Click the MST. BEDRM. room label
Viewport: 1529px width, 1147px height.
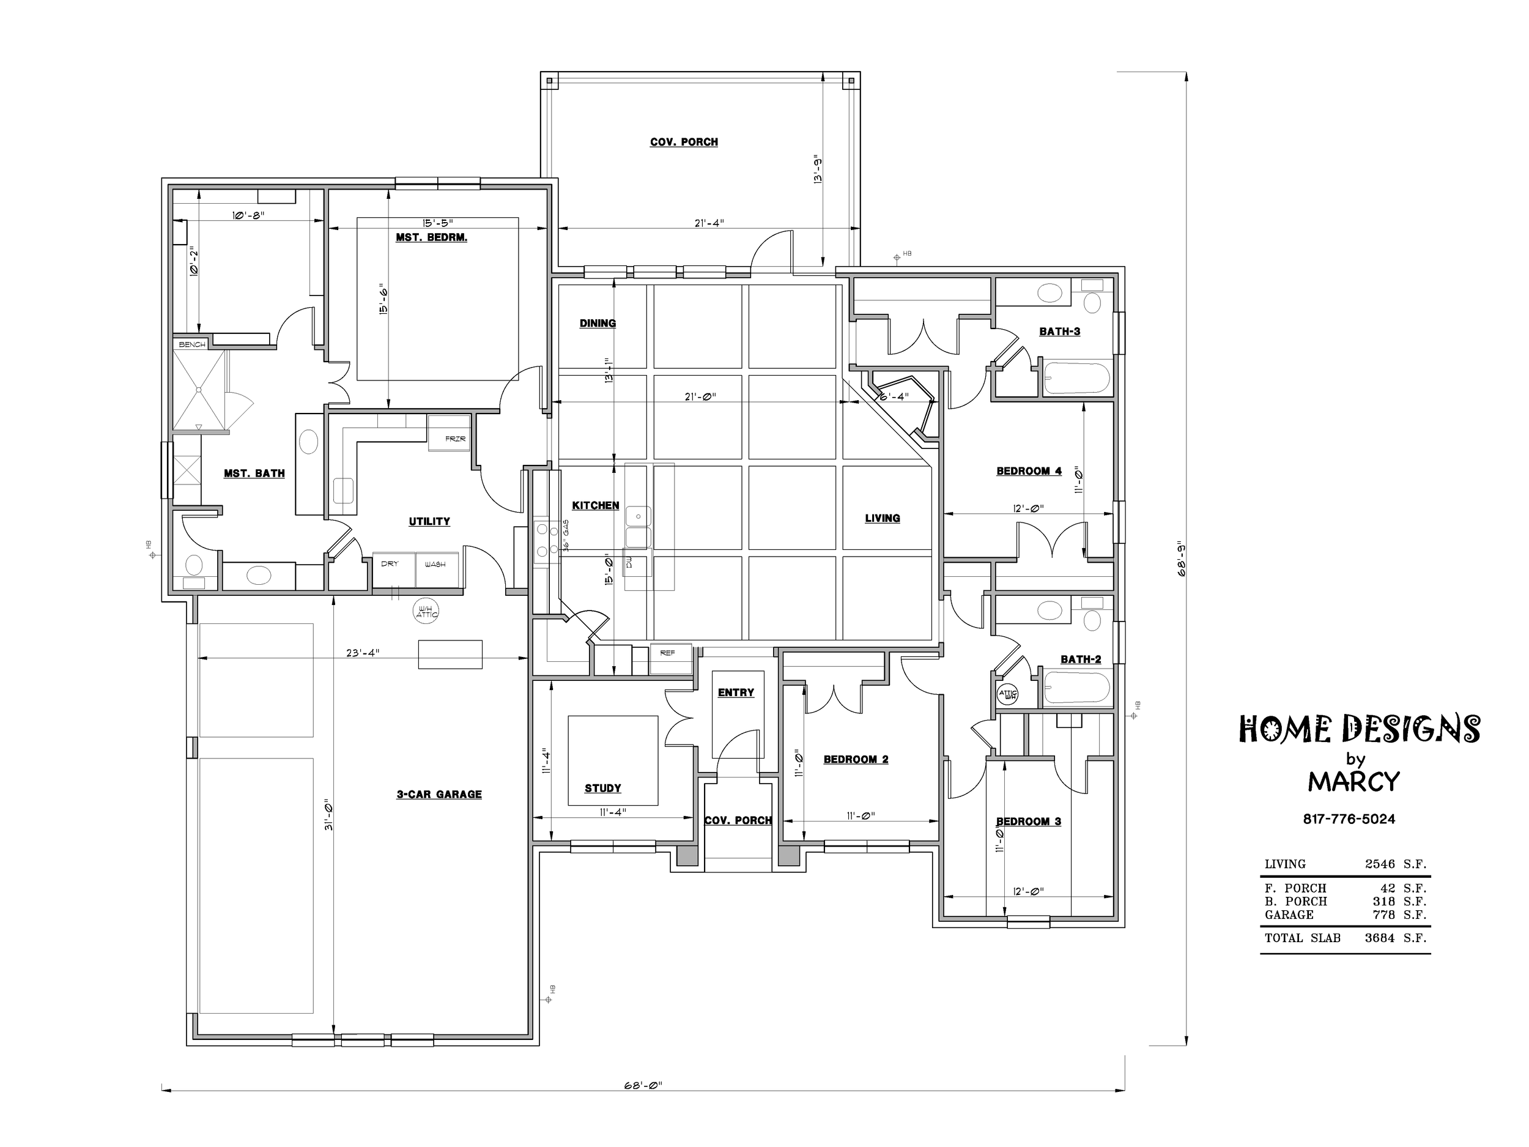coord(431,237)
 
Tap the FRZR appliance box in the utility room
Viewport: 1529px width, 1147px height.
coord(448,433)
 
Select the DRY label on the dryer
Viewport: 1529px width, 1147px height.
coord(390,563)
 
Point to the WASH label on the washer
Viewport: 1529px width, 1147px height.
coord(435,564)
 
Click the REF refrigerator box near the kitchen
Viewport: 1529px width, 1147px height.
coord(670,659)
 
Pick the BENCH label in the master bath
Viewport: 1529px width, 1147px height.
coord(192,344)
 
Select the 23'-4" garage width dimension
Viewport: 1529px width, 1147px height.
coord(363,652)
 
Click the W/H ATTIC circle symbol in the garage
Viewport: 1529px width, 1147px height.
coord(426,612)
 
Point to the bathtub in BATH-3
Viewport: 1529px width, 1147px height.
coord(1076,378)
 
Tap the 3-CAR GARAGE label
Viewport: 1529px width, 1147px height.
coord(439,795)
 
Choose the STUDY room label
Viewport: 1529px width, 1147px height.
coord(603,788)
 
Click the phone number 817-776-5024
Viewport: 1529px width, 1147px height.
coord(1349,818)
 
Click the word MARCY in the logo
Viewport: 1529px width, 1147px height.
coord(1353,781)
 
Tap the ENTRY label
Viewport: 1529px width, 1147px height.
coord(736,692)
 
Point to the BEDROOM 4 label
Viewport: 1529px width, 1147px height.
coord(1029,471)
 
